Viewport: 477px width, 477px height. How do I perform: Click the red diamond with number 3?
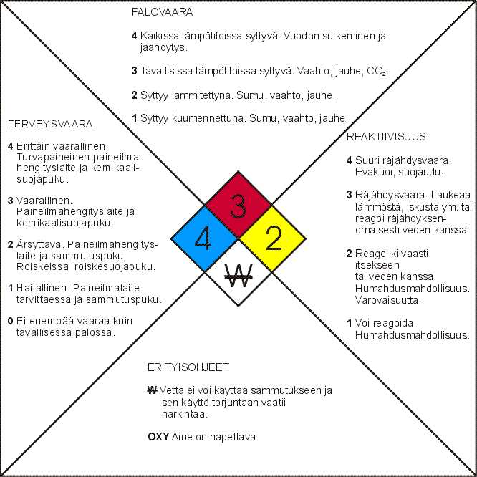238,204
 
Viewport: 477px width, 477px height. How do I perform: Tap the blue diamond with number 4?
204,238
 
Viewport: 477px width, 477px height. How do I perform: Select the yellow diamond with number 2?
272,238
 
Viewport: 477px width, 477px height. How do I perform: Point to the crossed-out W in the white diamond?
238,275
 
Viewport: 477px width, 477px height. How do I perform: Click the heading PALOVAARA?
162,12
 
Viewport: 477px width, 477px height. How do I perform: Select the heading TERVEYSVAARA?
51,124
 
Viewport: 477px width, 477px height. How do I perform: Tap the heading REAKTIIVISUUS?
386,137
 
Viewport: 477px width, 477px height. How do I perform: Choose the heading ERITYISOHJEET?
188,367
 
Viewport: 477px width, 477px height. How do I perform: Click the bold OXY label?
158,437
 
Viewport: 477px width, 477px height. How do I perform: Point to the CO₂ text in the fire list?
377,71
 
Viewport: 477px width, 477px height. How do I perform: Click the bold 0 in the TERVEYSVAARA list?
10,321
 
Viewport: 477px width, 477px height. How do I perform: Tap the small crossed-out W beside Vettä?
152,390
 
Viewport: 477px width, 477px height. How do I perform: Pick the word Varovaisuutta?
388,300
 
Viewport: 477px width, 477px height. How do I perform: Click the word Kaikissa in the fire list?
160,36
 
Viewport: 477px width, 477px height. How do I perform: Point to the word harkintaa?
184,414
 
